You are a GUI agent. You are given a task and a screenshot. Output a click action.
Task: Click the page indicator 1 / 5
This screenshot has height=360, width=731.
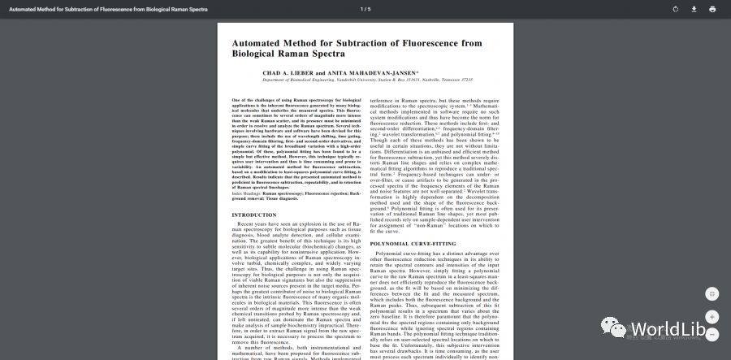click(365, 9)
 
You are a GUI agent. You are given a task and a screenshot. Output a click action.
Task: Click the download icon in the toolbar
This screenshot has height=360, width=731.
click(694, 9)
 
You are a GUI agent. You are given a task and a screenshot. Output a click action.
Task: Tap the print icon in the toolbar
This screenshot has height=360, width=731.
click(712, 9)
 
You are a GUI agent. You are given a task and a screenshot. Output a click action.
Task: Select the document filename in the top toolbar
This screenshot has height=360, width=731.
click(108, 9)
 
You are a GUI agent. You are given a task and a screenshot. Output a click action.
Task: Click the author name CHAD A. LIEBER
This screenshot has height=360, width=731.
click(288, 72)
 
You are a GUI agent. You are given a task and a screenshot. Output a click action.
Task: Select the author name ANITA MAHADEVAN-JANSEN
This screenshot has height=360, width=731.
click(361, 72)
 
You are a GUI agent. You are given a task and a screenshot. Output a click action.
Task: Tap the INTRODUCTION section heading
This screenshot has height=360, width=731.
click(254, 215)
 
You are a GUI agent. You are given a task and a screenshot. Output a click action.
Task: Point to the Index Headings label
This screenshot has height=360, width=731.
click(247, 193)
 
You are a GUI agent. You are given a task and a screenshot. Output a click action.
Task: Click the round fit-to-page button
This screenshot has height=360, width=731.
click(712, 293)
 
